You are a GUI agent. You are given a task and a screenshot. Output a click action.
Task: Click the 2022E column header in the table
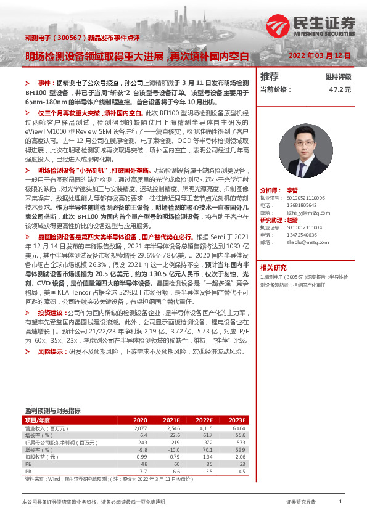[204, 420]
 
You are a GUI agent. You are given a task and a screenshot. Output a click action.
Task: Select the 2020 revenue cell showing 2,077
[140, 427]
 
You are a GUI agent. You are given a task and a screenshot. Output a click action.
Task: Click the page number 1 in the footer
[340, 502]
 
